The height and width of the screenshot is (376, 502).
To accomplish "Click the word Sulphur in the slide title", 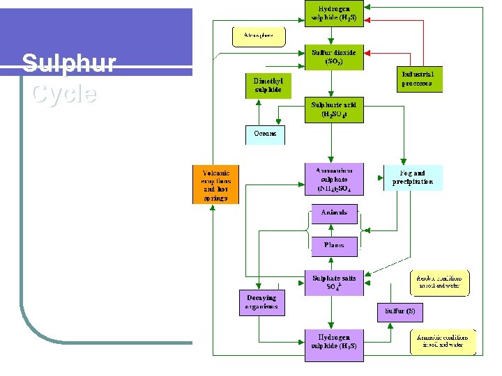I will [68, 64].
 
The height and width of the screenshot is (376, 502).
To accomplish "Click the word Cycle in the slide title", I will [63, 93].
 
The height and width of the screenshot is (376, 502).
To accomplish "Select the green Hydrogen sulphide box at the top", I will [334, 13].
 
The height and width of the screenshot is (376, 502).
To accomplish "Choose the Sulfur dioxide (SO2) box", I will [334, 57].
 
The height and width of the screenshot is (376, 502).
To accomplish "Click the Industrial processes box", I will [418, 79].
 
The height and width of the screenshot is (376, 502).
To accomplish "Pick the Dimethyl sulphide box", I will [268, 86].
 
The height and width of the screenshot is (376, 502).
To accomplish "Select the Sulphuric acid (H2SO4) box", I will [334, 109].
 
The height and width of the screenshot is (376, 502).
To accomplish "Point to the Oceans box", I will [265, 134].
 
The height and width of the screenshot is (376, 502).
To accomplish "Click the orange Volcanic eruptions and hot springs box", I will [215, 185].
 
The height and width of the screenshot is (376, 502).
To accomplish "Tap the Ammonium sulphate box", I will [334, 179].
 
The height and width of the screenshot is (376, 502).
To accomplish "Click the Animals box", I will [334, 213].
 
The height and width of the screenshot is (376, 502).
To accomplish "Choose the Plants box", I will [334, 246].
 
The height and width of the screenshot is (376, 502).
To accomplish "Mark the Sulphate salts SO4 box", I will [334, 283].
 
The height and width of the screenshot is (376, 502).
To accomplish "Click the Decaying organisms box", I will [261, 302].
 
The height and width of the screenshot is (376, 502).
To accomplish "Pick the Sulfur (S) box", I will [401, 311].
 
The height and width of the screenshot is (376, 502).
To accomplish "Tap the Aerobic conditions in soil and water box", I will [440, 282].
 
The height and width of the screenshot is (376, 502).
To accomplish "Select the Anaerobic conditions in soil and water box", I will [443, 341].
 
